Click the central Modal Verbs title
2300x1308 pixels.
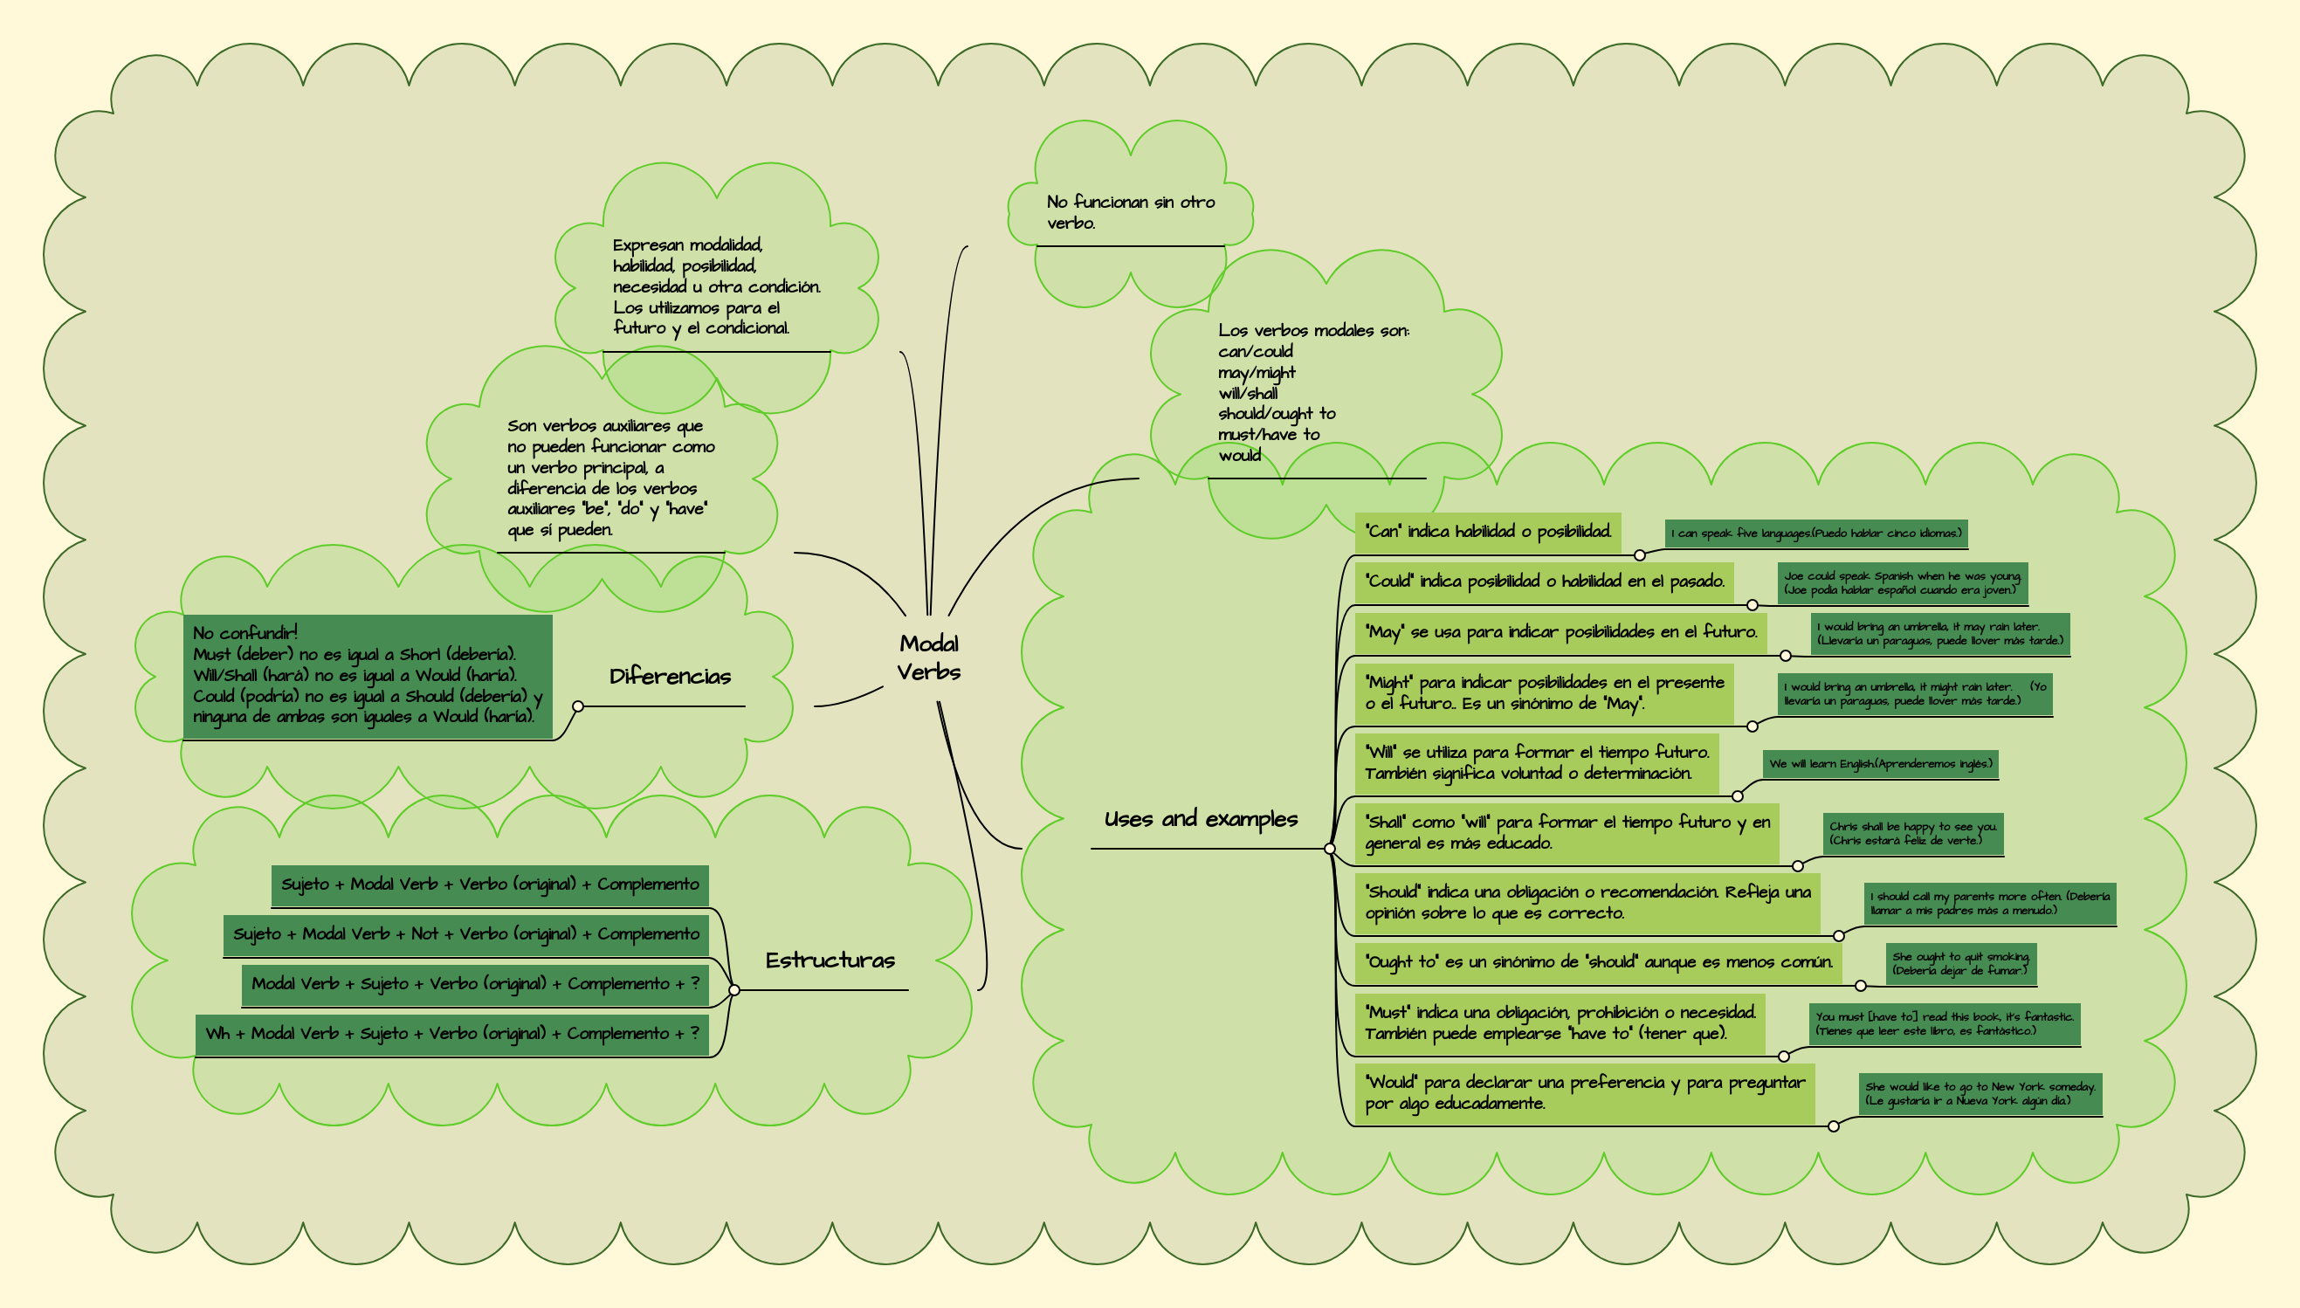click(928, 657)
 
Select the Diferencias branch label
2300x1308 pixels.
click(670, 677)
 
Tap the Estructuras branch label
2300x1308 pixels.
click(830, 960)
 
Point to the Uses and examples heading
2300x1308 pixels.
click(1201, 819)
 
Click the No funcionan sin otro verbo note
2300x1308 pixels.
click(1130, 213)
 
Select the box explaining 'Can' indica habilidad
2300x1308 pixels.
click(1487, 532)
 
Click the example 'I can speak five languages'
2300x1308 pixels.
click(1816, 534)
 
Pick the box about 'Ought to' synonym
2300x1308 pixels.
click(1599, 962)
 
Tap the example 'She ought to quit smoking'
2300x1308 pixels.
click(1959, 964)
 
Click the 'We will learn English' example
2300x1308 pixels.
click(1880, 765)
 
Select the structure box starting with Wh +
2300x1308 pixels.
click(451, 1034)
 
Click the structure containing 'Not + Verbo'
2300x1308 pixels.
click(465, 934)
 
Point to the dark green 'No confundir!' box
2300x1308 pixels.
click(368, 676)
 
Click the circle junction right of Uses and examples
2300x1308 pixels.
click(1330, 849)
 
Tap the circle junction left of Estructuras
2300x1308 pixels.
click(733, 990)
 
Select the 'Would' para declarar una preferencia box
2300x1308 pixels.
click(1584, 1093)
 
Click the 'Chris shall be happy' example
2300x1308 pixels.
click(1913, 834)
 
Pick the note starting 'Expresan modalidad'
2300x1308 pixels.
click(716, 286)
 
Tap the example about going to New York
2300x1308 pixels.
click(1980, 1094)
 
